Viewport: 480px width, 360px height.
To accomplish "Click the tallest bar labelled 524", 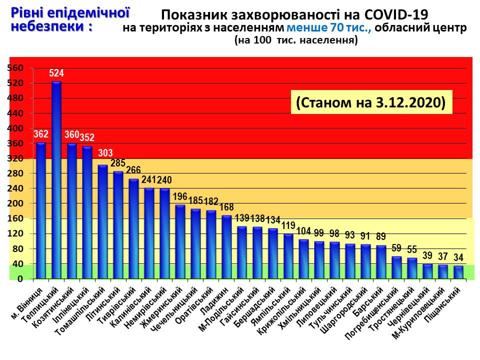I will pyautogui.click(x=56, y=180).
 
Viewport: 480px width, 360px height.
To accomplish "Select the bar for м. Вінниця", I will pyautogui.click(x=41, y=210).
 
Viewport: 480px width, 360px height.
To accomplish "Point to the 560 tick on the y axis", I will pyautogui.click(x=16, y=68).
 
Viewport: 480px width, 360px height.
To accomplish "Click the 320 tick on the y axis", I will pyautogui.click(x=16, y=158).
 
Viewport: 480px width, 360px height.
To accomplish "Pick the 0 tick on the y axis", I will pyautogui.click(x=20, y=279).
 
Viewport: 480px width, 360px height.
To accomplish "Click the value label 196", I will pyautogui.click(x=180, y=196).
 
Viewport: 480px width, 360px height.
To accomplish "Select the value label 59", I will pyautogui.click(x=396, y=247).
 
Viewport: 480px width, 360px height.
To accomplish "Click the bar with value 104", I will pyautogui.click(x=304, y=258).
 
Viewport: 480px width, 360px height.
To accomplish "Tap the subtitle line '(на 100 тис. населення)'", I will pyautogui.click(x=296, y=41).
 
